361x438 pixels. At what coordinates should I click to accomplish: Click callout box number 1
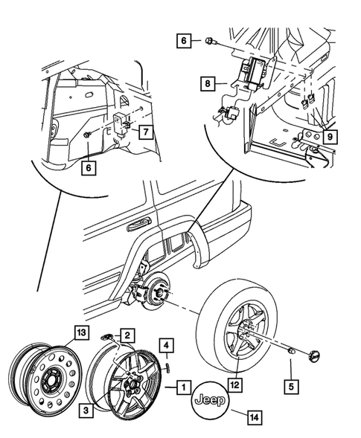click(x=181, y=387)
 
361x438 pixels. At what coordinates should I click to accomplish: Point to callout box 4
click(x=167, y=345)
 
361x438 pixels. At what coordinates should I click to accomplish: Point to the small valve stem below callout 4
click(x=168, y=364)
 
